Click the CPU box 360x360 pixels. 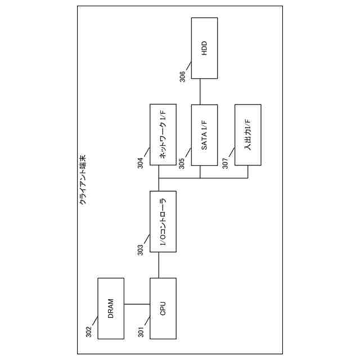click(163, 308)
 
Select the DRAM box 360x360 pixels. click(111, 308)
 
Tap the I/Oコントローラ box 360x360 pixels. click(163, 222)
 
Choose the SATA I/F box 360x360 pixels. click(205, 135)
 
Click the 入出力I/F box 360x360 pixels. click(248, 135)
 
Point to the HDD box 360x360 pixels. click(205, 48)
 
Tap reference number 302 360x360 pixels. click(89, 332)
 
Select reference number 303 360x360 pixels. click(141, 248)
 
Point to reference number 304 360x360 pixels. click(141, 161)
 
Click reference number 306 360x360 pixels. click(183, 76)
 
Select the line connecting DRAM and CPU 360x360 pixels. click(137, 304)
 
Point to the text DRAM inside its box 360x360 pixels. click(111, 308)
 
